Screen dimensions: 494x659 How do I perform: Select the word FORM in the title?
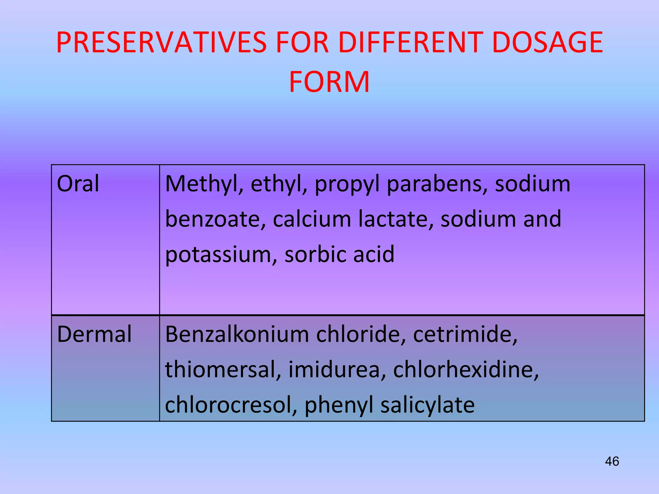pyautogui.click(x=329, y=82)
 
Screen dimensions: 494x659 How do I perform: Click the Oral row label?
pyautogui.click(x=78, y=184)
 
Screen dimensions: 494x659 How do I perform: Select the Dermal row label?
pyautogui.click(x=94, y=334)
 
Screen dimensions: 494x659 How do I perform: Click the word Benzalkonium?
pyautogui.click(x=237, y=334)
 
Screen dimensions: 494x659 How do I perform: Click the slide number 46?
pyautogui.click(x=612, y=461)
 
